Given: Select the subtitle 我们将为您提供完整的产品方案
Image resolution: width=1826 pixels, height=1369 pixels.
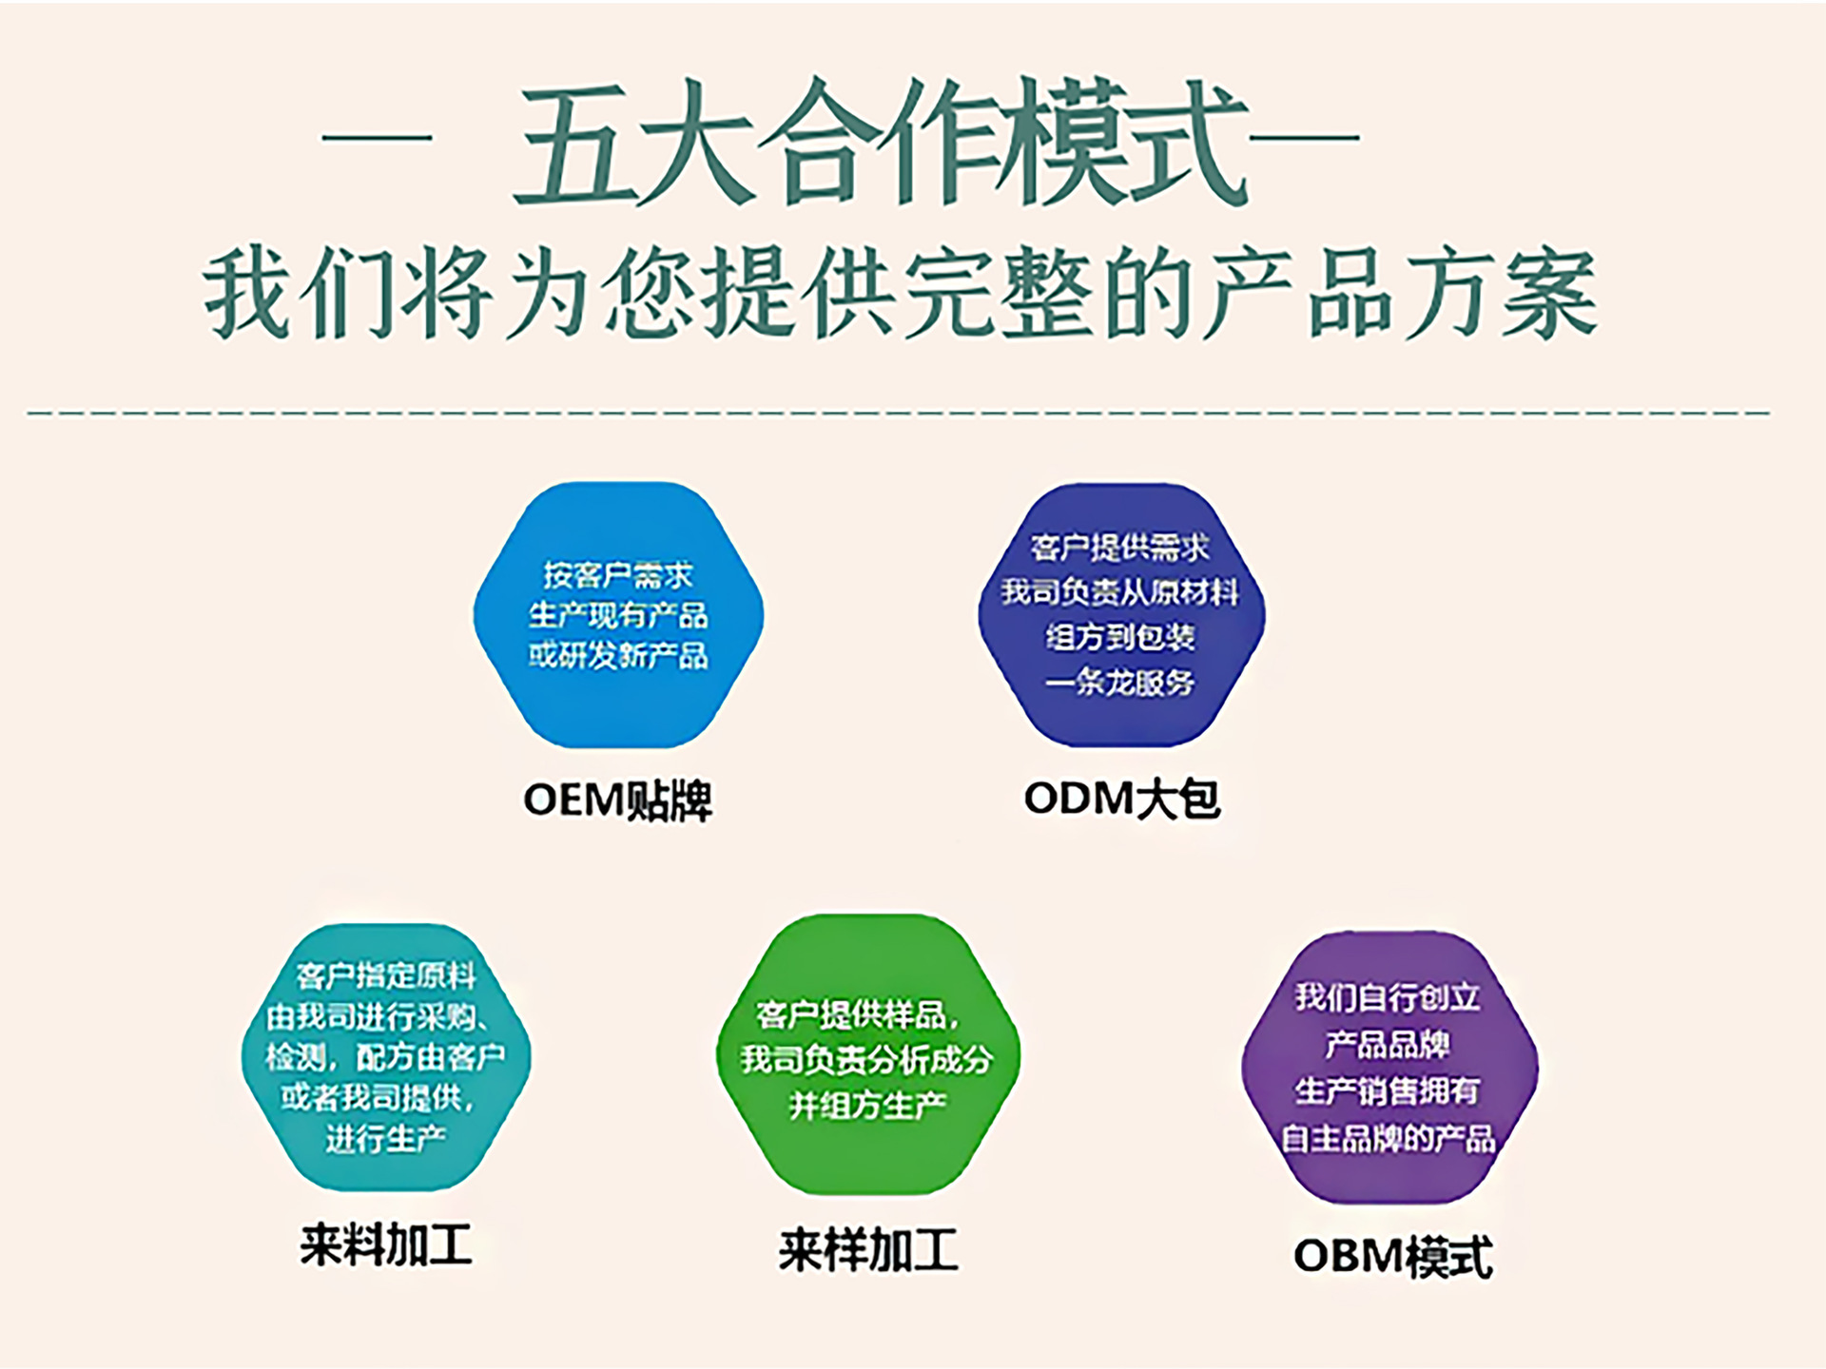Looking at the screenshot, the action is click(x=900, y=293).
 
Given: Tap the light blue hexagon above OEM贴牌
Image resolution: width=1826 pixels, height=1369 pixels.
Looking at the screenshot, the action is click(x=618, y=615).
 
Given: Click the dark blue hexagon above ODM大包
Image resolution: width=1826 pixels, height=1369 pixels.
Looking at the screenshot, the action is click(x=1121, y=615).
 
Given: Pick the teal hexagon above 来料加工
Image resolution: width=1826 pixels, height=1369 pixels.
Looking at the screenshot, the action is click(x=385, y=1056).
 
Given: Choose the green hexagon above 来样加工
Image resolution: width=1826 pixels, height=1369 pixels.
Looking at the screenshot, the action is click(x=867, y=1055).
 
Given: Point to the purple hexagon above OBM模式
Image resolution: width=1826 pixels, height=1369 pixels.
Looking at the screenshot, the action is click(x=1389, y=1067).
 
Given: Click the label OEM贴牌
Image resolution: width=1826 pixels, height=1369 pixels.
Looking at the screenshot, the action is click(x=618, y=800).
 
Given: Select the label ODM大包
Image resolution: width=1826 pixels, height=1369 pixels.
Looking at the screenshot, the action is click(x=1121, y=798).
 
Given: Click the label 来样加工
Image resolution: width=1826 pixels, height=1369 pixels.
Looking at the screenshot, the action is click(x=868, y=1249).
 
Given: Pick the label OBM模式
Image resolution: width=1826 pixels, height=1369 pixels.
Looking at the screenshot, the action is click(x=1393, y=1256).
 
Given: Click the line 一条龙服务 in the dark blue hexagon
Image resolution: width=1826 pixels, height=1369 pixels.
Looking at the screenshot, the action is click(x=1120, y=683).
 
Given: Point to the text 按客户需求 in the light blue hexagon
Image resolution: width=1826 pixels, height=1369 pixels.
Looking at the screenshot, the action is click(x=618, y=575).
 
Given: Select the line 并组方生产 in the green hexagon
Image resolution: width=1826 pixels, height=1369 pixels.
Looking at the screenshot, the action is click(x=867, y=1105).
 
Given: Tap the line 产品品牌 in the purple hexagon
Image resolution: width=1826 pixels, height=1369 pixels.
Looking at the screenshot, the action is click(x=1389, y=1045).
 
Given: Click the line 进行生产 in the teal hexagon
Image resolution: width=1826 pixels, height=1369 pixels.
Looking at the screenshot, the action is click(x=385, y=1138).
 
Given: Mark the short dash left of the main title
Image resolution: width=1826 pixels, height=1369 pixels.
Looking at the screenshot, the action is click(x=378, y=138).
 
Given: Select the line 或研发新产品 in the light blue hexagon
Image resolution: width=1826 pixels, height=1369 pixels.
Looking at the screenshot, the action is click(x=618, y=655).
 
